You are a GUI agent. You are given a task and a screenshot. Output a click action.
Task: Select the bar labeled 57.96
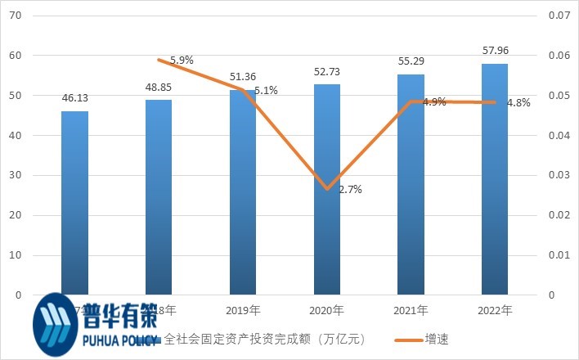click(495, 179)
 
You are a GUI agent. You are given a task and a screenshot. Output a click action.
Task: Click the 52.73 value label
click(327, 72)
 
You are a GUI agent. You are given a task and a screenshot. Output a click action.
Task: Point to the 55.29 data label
click(411, 62)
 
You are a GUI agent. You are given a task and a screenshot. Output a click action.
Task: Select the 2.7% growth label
click(350, 190)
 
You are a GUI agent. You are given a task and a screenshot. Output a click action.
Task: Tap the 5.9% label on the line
click(182, 61)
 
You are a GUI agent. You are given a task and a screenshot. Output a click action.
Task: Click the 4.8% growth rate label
click(518, 103)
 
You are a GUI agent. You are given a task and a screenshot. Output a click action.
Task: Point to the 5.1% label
click(266, 91)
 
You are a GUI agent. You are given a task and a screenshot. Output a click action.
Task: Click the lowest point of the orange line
click(327, 188)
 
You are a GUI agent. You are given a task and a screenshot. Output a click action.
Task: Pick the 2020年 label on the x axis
click(327, 311)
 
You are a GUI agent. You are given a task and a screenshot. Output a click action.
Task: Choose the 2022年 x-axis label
click(495, 311)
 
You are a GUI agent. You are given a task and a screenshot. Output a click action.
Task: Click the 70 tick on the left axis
click(16, 16)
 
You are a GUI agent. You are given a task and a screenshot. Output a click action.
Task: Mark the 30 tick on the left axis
click(16, 175)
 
